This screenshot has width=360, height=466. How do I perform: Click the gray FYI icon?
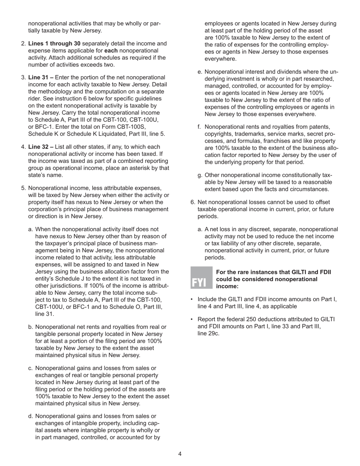(x=201, y=278)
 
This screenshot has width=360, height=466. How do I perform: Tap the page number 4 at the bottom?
(x=180, y=454)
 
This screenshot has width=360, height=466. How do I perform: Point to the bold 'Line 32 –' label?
(x=41, y=147)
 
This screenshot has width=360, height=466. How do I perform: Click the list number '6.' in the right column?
(x=193, y=202)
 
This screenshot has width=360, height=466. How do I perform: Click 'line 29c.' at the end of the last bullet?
(x=208, y=333)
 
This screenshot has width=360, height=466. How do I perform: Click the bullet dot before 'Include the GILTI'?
(x=192, y=299)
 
